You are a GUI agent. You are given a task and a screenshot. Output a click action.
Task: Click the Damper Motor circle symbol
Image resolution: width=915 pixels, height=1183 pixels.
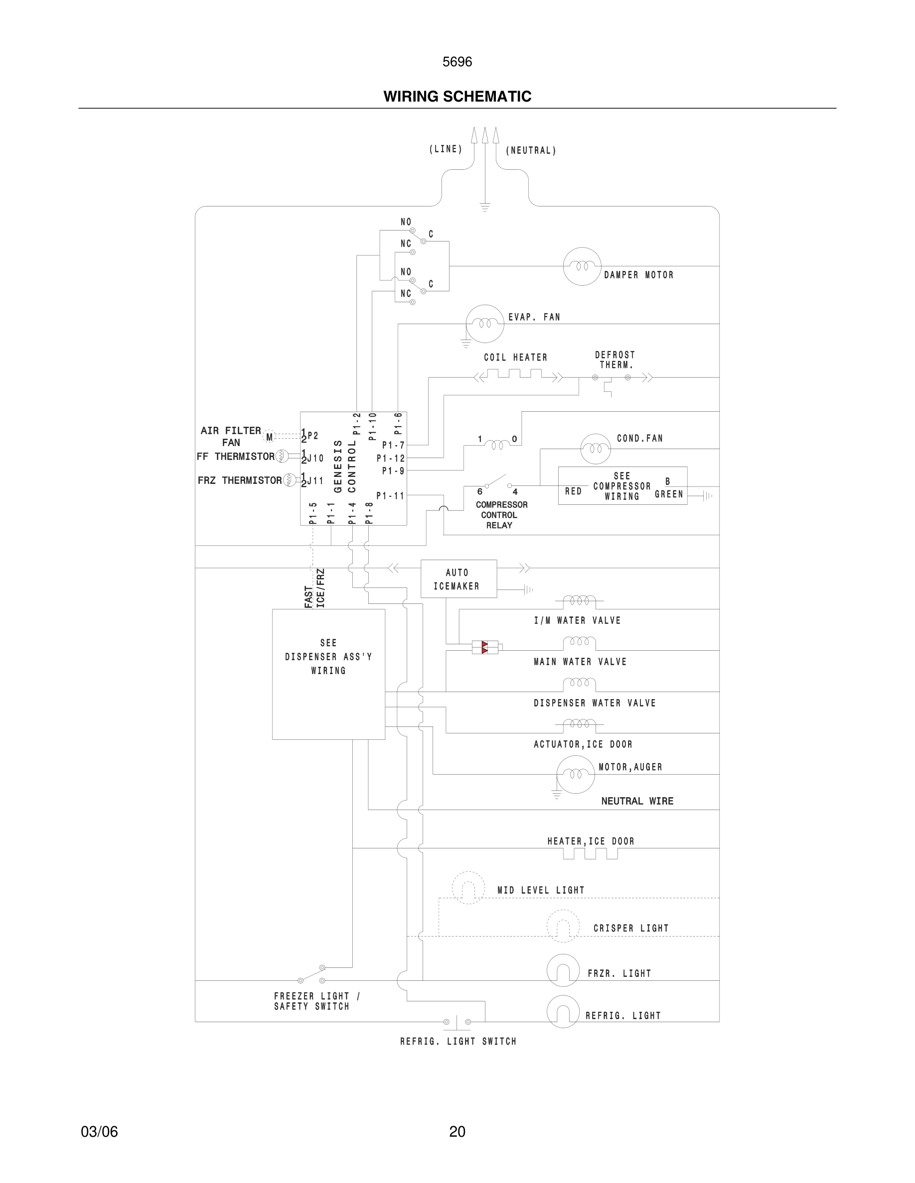pos(582,266)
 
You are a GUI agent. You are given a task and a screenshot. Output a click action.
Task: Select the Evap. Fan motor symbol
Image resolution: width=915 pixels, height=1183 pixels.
pos(484,323)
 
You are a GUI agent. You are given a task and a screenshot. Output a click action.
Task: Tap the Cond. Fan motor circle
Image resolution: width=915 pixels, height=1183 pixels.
pos(595,449)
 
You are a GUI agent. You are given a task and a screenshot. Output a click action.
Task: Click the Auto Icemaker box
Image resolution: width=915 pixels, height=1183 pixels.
pos(458,579)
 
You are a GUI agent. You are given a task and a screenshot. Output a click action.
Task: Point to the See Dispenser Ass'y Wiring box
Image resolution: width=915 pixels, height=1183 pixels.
pos(328,674)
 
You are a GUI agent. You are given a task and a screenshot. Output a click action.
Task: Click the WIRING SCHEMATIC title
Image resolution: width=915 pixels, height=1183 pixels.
pos(457,97)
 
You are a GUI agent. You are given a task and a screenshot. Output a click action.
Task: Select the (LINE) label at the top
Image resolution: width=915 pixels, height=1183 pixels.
pos(446,149)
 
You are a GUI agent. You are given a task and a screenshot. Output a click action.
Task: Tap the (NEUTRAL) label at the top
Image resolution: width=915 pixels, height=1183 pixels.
pos(531,150)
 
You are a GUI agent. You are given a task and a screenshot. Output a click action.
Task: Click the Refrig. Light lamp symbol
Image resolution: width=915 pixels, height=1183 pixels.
pos(563,1011)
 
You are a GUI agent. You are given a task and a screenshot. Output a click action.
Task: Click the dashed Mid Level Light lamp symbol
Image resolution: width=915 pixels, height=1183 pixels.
pos(468,888)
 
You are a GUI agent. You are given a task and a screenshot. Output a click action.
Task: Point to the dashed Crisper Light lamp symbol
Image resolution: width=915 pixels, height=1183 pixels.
pos(563,926)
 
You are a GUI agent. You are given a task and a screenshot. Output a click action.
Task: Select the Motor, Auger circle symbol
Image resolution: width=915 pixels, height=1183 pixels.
pos(575,774)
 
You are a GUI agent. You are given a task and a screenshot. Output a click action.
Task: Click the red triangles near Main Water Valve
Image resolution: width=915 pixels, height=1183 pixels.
pos(484,647)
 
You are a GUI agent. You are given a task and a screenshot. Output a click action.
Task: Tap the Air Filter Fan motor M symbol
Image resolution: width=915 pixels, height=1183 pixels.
pos(270,437)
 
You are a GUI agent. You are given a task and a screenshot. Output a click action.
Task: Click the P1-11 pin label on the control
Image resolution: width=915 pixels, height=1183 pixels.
pos(390,495)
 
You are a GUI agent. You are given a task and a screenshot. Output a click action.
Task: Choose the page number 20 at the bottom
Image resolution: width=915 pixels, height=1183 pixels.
pos(457,1132)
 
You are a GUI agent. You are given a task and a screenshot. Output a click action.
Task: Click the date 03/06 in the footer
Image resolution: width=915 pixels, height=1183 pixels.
pos(99,1132)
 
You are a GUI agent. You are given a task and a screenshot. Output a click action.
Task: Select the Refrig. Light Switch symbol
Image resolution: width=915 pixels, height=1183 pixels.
pos(457,1022)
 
